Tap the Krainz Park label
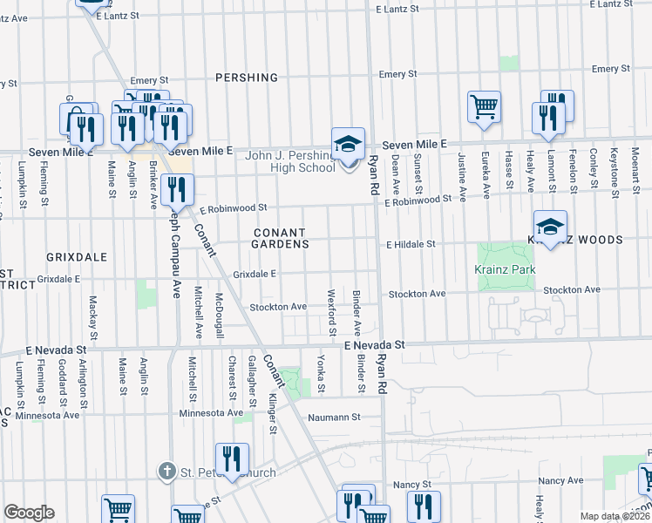[505, 270]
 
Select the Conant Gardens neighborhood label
[282, 239]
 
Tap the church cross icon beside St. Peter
[167, 472]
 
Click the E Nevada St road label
[375, 345]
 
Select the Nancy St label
[412, 484]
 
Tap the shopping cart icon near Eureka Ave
[484, 107]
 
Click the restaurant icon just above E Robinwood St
[178, 189]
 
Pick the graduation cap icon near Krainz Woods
[550, 228]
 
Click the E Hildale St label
[411, 245]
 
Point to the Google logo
[29, 513]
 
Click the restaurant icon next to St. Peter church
[232, 459]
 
